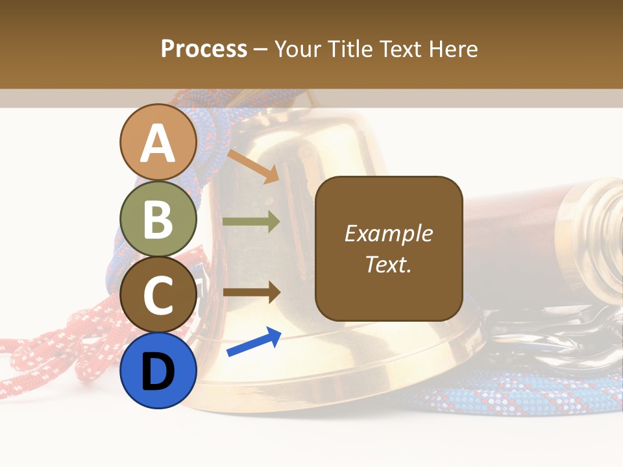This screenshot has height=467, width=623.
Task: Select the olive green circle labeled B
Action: (x=158, y=219)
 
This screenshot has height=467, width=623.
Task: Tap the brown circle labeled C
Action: (x=158, y=295)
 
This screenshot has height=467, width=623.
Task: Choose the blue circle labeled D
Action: (x=158, y=370)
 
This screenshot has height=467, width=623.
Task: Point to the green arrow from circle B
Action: (x=251, y=222)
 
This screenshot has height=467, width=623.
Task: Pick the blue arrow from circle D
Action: (x=254, y=342)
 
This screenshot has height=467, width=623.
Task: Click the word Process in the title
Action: (x=204, y=49)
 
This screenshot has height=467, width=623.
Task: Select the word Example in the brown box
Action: (x=388, y=233)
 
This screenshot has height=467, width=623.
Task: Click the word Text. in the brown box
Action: (x=388, y=264)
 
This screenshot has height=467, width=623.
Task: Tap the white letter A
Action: (x=158, y=143)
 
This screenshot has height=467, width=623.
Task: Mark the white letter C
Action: (x=158, y=296)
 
